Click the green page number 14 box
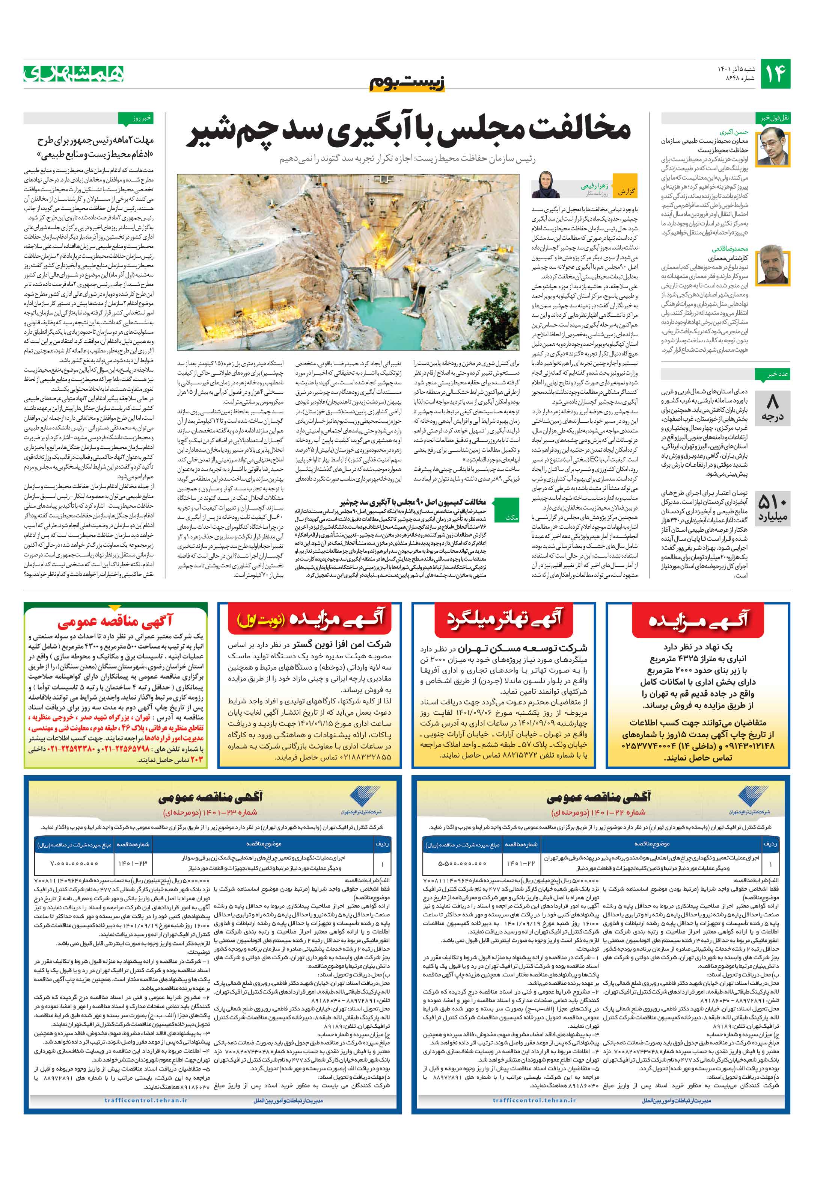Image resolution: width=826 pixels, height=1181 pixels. [775, 74]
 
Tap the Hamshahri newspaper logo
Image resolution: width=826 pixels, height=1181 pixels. [74, 74]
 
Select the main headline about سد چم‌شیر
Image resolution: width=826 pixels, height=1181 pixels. [411, 131]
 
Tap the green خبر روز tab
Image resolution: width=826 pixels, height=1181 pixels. [135, 118]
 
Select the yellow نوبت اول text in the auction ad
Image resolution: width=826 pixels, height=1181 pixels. [255, 620]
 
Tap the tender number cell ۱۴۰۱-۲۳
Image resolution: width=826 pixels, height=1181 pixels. [133, 863]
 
